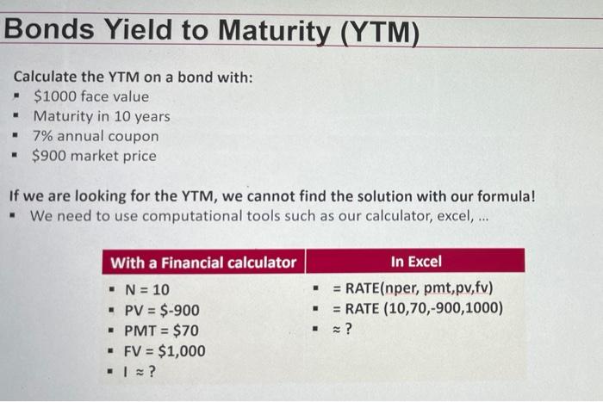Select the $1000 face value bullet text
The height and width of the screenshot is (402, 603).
[x=90, y=96]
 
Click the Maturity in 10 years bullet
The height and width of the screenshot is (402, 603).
[x=101, y=116]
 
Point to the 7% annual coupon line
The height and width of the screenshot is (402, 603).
[x=95, y=136]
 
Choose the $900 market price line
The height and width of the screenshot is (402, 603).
[x=94, y=156]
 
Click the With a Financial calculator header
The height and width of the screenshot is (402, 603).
[x=203, y=262]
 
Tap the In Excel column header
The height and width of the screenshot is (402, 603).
[x=415, y=261]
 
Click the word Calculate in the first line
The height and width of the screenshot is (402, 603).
[x=44, y=77]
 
